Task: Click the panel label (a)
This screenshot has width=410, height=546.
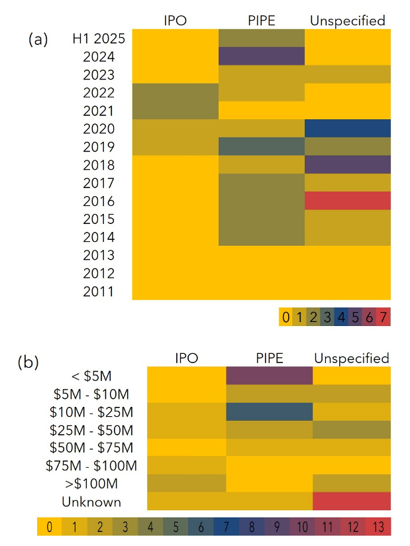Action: tap(38, 39)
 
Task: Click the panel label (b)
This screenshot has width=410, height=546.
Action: tap(28, 362)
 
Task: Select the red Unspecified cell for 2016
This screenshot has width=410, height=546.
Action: tap(348, 201)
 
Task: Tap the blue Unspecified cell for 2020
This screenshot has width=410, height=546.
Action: tap(348, 129)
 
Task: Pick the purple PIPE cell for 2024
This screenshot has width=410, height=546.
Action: tap(262, 56)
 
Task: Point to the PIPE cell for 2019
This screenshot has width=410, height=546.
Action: tap(262, 146)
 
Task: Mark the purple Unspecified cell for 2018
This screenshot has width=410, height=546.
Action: tap(348, 164)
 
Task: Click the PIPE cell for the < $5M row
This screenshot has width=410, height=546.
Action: tap(270, 376)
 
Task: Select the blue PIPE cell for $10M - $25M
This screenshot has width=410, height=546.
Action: tap(270, 411)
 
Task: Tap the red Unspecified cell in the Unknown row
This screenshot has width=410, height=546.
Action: tap(352, 501)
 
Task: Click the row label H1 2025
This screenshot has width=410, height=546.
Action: tap(99, 38)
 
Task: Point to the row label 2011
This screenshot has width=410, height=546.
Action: tap(99, 291)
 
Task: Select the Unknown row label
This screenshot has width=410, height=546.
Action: tap(91, 501)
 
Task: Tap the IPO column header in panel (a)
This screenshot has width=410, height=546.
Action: tap(176, 21)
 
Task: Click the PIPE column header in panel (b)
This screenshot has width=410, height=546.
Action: tap(270, 358)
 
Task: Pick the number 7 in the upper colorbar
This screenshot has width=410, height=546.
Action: tap(382, 317)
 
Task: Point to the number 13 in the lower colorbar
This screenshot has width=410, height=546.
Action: tap(378, 527)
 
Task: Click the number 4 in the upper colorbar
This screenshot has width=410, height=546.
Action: tap(340, 317)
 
